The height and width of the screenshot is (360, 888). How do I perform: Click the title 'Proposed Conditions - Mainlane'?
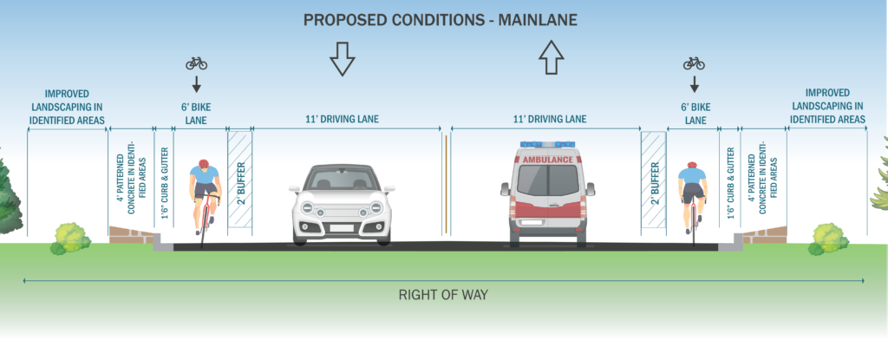[x=443, y=20]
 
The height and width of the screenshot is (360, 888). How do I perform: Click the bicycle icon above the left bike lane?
[x=197, y=63]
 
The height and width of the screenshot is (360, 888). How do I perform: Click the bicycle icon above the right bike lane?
[x=693, y=63]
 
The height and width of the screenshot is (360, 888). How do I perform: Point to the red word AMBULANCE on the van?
[x=548, y=160]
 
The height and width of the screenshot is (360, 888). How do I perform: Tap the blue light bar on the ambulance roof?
[x=548, y=144]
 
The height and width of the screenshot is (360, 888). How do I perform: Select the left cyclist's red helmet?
[x=204, y=164]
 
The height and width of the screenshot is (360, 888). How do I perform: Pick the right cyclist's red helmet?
[x=691, y=164]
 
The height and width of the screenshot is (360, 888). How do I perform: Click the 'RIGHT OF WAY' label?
[x=443, y=294]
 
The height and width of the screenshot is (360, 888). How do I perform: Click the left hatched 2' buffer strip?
[x=240, y=180]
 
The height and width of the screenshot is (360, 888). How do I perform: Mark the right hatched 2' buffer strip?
[x=653, y=180]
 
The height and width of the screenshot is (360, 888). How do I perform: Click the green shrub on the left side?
[x=71, y=237]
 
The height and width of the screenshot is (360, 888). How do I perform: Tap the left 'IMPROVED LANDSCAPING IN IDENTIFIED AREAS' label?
[x=65, y=107]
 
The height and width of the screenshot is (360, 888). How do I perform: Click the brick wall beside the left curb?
[x=131, y=234]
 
